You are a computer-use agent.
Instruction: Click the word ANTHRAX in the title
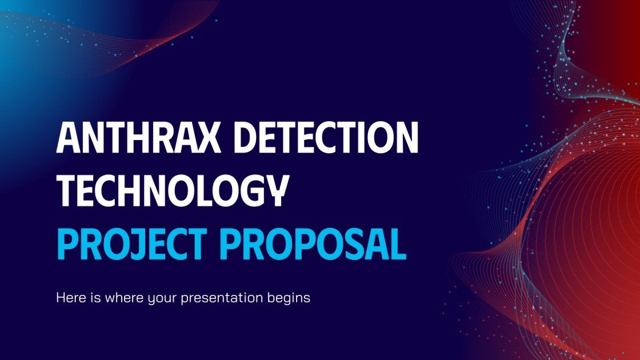click(x=136, y=138)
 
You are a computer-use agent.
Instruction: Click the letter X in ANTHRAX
click(x=205, y=138)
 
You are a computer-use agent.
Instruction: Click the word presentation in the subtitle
click(x=229, y=298)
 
